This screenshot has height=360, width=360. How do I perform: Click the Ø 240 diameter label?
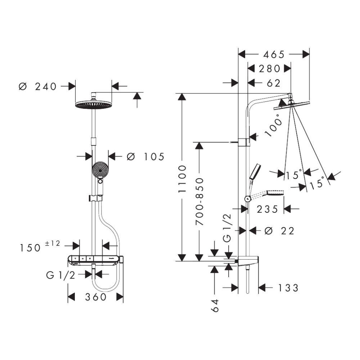(38, 86)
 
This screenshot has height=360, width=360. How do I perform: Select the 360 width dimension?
(96, 297)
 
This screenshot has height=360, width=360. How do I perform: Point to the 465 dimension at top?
(274, 54)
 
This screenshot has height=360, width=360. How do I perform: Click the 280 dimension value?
(269, 68)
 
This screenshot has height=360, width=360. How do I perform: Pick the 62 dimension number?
(274, 83)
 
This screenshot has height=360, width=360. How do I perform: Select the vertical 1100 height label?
(183, 179)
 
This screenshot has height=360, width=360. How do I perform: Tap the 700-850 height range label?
(199, 202)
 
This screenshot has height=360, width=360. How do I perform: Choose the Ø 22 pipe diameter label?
(279, 231)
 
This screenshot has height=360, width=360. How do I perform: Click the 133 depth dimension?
(288, 288)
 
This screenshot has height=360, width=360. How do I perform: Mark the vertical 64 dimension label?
(215, 305)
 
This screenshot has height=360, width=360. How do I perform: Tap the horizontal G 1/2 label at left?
(60, 275)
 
